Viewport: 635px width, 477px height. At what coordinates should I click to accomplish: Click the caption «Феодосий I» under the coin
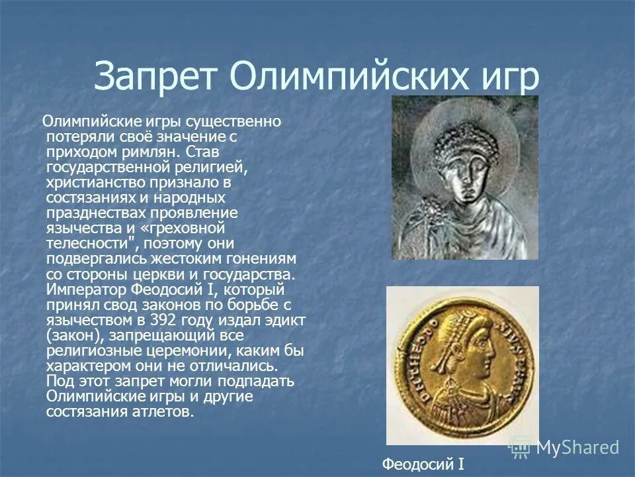[x=423, y=464]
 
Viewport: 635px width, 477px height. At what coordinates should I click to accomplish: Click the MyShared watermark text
[x=577, y=448]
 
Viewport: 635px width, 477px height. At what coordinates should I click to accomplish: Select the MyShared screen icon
[x=520, y=448]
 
